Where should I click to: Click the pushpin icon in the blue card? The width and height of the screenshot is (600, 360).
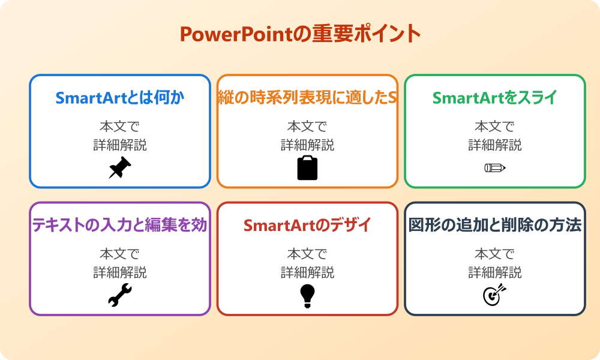[120, 168]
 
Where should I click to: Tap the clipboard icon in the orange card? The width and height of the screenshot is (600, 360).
[307, 168]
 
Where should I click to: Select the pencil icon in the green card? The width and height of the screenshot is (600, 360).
[494, 168]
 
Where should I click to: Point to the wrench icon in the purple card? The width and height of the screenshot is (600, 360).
[120, 295]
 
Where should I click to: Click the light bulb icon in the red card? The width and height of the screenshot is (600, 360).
[307, 295]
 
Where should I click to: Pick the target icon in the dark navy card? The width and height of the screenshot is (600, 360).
[494, 295]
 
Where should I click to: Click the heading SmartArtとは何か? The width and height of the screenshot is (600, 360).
[120, 98]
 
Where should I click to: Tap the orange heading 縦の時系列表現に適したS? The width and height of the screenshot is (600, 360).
[307, 98]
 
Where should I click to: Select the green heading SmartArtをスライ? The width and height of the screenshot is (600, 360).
[494, 98]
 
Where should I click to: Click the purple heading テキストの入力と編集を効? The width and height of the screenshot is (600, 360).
[120, 225]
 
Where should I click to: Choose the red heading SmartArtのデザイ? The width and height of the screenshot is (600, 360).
[307, 225]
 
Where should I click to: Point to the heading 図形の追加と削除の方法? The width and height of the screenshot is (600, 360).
[494, 225]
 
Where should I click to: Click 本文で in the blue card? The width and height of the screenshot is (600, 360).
[120, 127]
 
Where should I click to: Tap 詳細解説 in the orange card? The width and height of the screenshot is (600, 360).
[307, 145]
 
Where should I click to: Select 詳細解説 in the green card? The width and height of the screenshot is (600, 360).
[494, 145]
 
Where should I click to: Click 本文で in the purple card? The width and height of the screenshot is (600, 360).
[120, 254]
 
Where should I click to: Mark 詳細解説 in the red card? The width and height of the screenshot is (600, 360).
[307, 272]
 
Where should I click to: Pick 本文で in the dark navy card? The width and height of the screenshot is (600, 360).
[494, 254]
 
